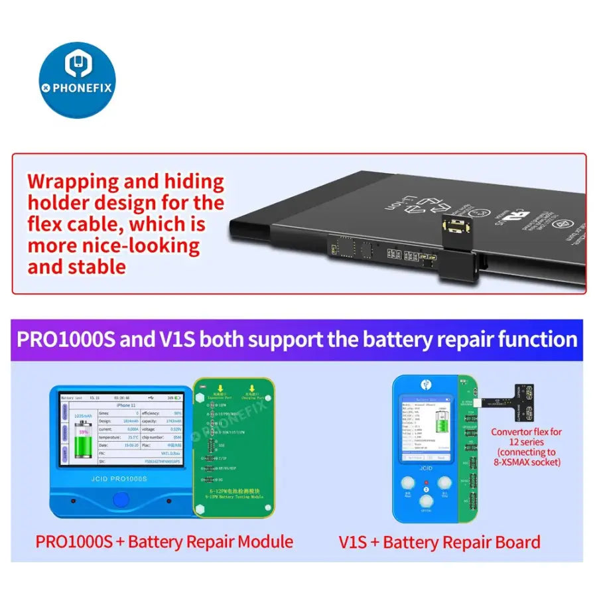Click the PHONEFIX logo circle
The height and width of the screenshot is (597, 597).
point(77,80)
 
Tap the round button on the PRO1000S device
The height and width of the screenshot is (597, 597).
point(121,498)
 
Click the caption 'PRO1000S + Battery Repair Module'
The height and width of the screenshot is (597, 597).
point(164,541)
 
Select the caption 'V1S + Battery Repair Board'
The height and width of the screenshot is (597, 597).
point(439,542)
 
